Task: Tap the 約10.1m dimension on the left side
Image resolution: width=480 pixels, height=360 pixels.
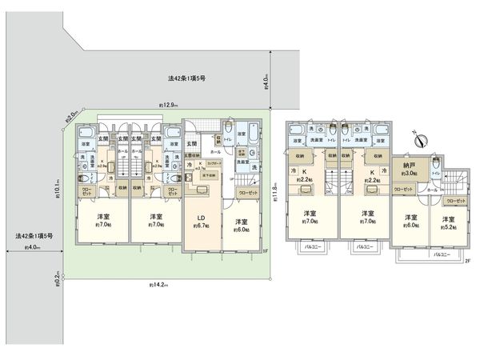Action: (x=70, y=185)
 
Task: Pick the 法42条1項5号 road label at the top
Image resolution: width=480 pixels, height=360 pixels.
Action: (x=187, y=78)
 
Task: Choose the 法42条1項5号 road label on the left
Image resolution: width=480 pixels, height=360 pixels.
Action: (x=33, y=237)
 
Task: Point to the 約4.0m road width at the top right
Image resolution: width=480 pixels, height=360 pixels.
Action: (x=266, y=80)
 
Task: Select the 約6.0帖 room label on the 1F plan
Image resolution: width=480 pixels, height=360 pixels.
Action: (x=240, y=226)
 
